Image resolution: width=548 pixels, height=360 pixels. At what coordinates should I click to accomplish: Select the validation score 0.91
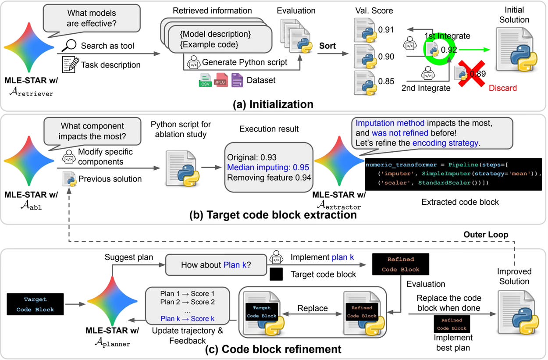point(386,30)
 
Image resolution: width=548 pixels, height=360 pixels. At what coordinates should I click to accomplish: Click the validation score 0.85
point(386,82)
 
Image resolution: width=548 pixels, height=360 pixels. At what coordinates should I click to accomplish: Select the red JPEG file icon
point(221,80)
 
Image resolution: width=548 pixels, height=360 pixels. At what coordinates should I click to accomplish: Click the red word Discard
point(502,88)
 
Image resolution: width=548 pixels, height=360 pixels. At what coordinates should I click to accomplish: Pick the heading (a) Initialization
point(274,104)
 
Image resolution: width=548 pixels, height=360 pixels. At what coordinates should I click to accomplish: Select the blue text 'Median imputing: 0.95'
point(269,167)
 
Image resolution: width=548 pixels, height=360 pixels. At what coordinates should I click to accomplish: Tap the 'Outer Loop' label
point(486,235)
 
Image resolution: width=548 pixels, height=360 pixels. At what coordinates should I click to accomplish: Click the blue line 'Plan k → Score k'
point(188,318)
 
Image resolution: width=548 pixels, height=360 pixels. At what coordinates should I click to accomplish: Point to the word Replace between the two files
point(313,308)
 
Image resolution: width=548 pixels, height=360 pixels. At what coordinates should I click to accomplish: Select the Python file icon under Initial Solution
point(518,50)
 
